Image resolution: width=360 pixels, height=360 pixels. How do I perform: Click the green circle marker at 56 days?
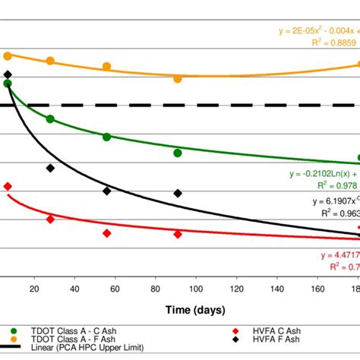pos(107,137)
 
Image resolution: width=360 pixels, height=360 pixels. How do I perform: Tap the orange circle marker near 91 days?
pos(178,78)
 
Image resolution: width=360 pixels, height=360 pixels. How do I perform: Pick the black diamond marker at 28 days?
pos(50,168)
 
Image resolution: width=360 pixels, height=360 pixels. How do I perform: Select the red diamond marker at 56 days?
pos(107,233)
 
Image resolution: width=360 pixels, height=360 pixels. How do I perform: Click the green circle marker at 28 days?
pos(50,119)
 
